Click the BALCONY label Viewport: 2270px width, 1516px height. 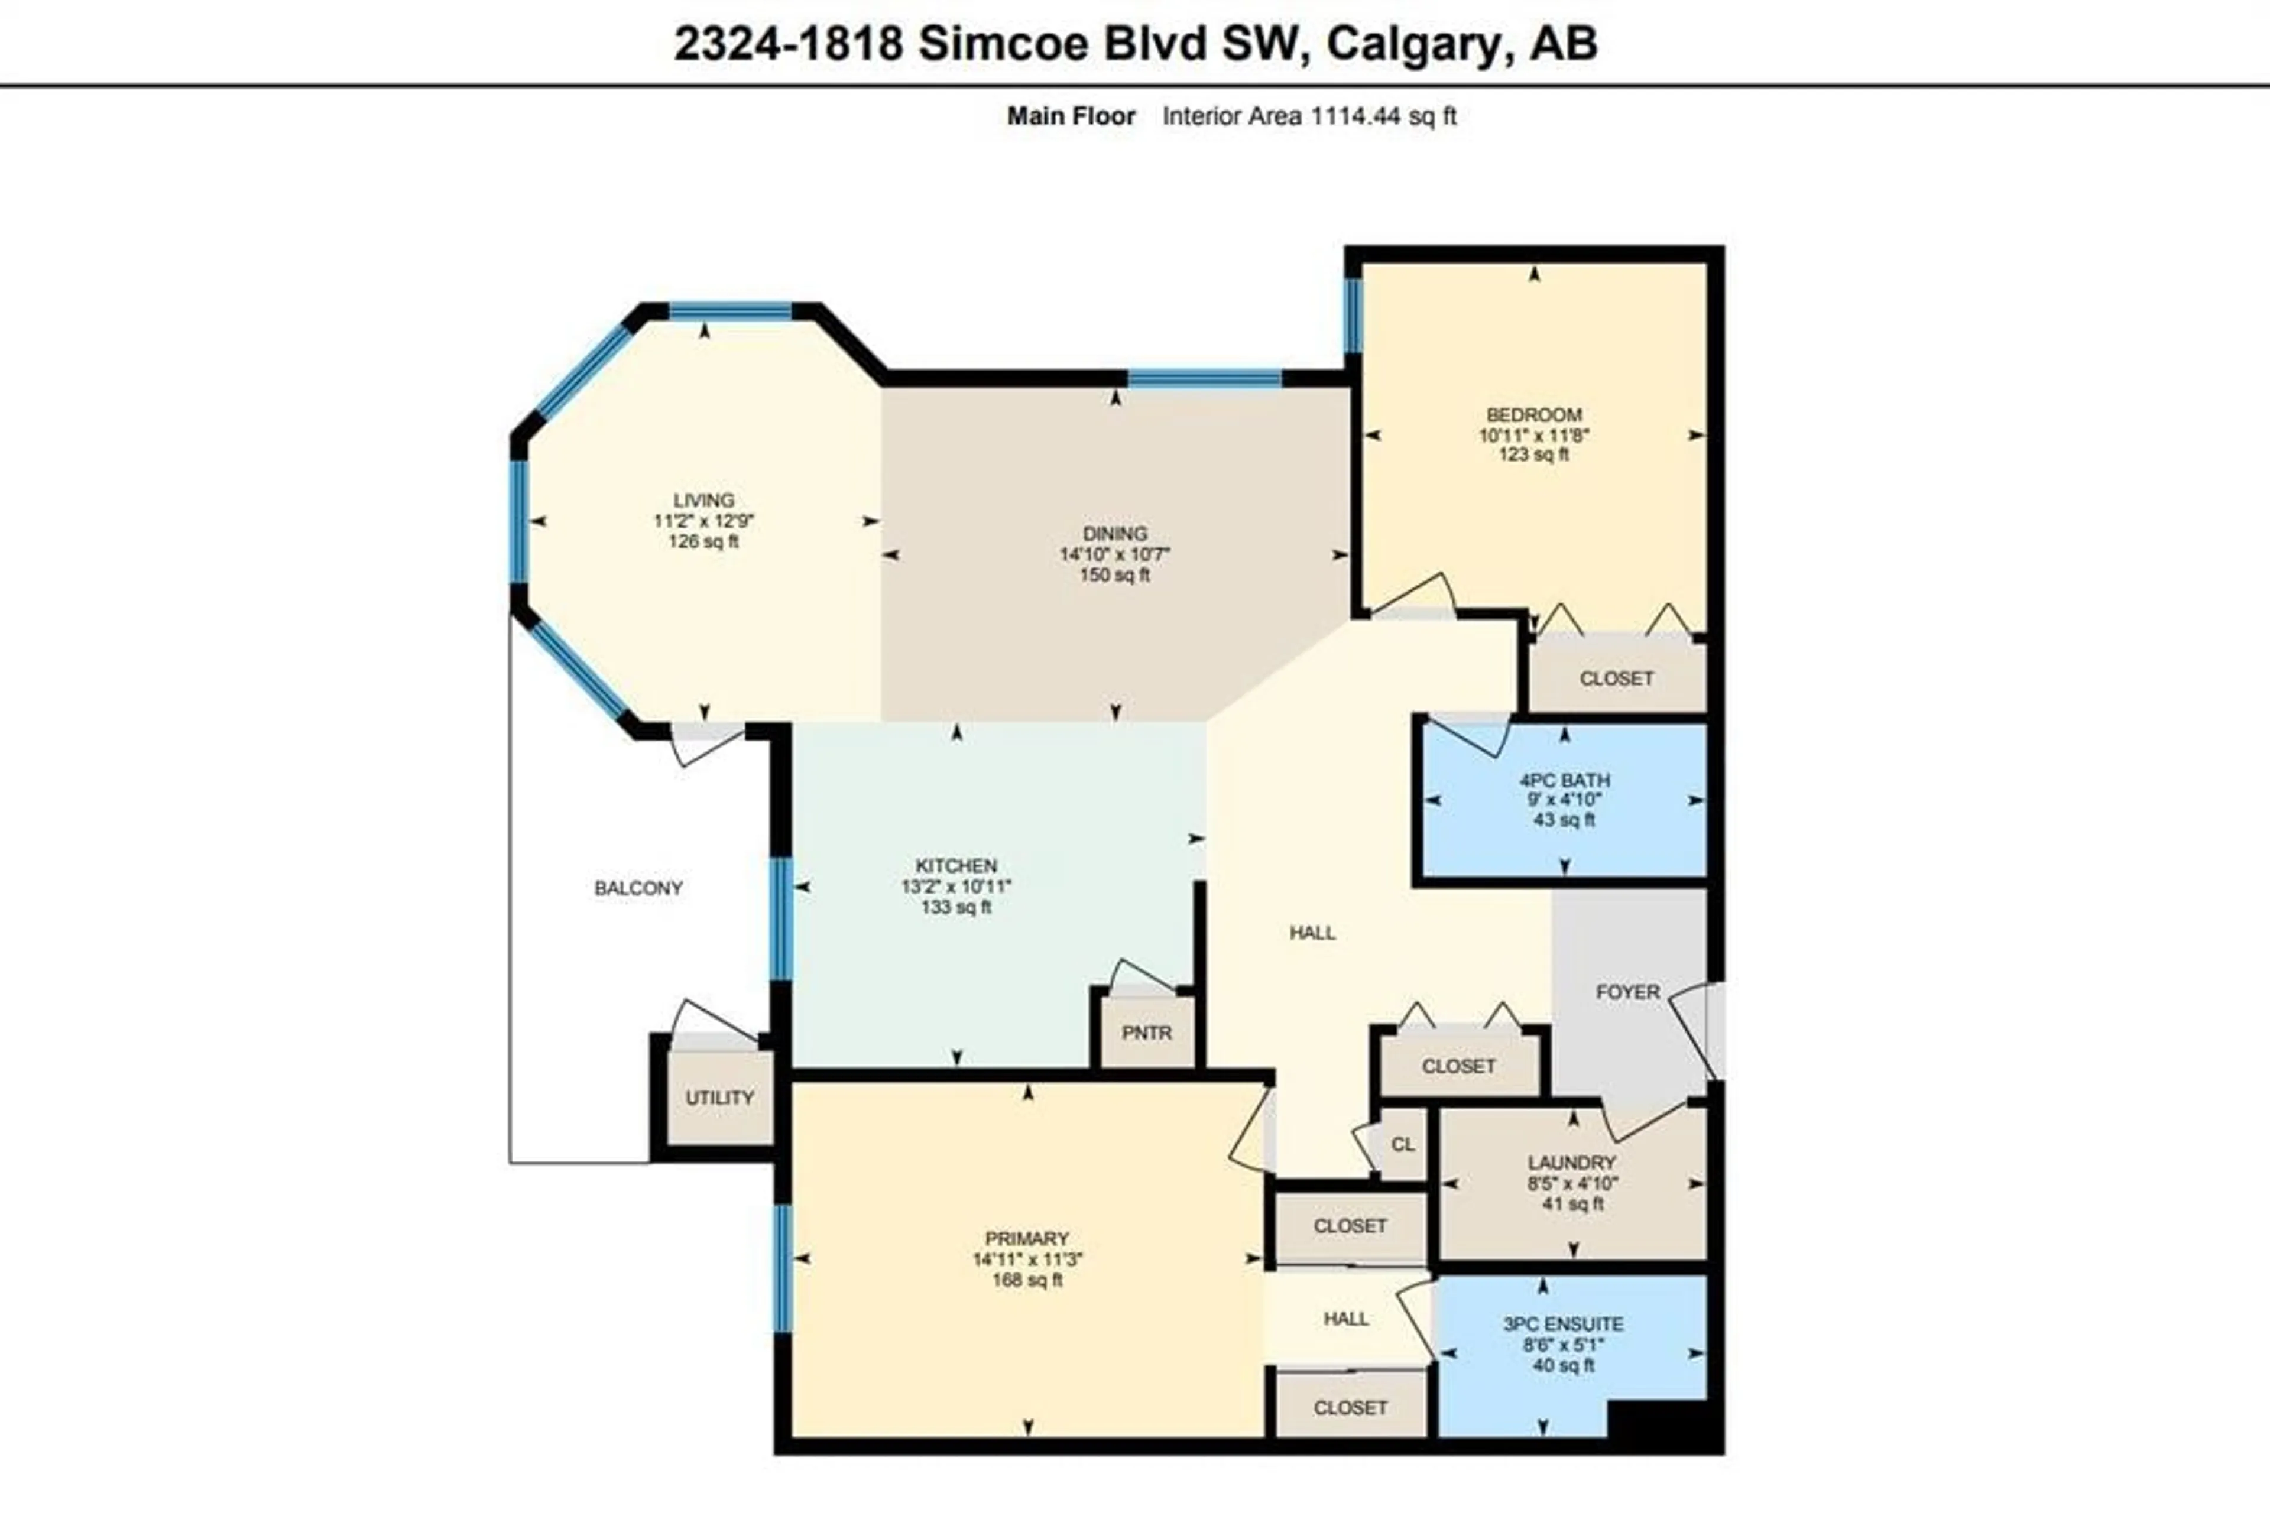638,888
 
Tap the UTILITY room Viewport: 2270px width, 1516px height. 720,1098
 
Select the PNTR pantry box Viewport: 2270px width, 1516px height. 1147,1033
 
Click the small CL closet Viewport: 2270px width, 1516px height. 1403,1144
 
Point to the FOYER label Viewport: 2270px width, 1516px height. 1628,992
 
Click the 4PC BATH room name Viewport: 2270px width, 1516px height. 1564,780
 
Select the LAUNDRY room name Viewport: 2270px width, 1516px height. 1572,1162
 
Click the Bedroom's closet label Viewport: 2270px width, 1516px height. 1616,679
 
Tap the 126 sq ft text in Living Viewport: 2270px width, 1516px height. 704,541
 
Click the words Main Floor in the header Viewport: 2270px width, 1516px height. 1071,116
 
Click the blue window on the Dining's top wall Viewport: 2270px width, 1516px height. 1205,378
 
